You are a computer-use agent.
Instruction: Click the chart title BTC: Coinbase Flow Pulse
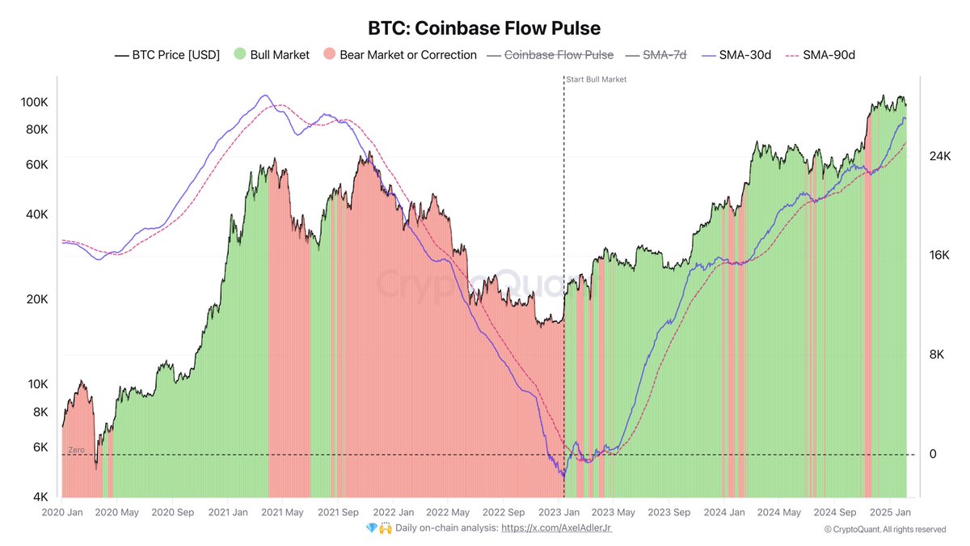click(x=484, y=28)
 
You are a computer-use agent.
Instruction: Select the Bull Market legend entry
click(x=272, y=55)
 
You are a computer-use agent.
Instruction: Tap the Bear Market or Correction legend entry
click(x=402, y=55)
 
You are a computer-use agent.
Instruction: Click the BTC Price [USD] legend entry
click(x=167, y=55)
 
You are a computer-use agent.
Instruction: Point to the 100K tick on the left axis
click(x=35, y=104)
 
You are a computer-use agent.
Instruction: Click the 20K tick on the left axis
click(x=38, y=299)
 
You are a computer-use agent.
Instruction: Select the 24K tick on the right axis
click(x=939, y=156)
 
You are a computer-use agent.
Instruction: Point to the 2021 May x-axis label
click(x=283, y=512)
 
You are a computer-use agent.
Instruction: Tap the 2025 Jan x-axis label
click(x=891, y=512)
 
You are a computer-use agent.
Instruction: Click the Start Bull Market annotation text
click(x=597, y=79)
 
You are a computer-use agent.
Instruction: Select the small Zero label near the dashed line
click(x=76, y=449)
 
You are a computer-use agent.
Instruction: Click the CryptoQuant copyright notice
click(x=884, y=529)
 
